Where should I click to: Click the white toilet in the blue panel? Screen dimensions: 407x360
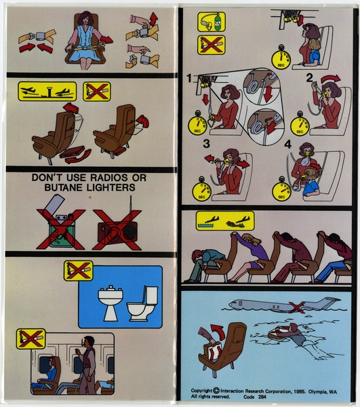click(142, 304)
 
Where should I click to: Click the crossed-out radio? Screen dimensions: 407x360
click(117, 229)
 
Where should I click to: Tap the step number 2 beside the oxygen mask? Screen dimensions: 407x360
click(308, 77)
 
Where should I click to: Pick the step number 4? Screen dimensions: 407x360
click(287, 144)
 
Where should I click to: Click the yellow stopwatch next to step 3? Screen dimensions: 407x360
click(201, 190)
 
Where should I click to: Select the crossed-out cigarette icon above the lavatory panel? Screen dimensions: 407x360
click(78, 271)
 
